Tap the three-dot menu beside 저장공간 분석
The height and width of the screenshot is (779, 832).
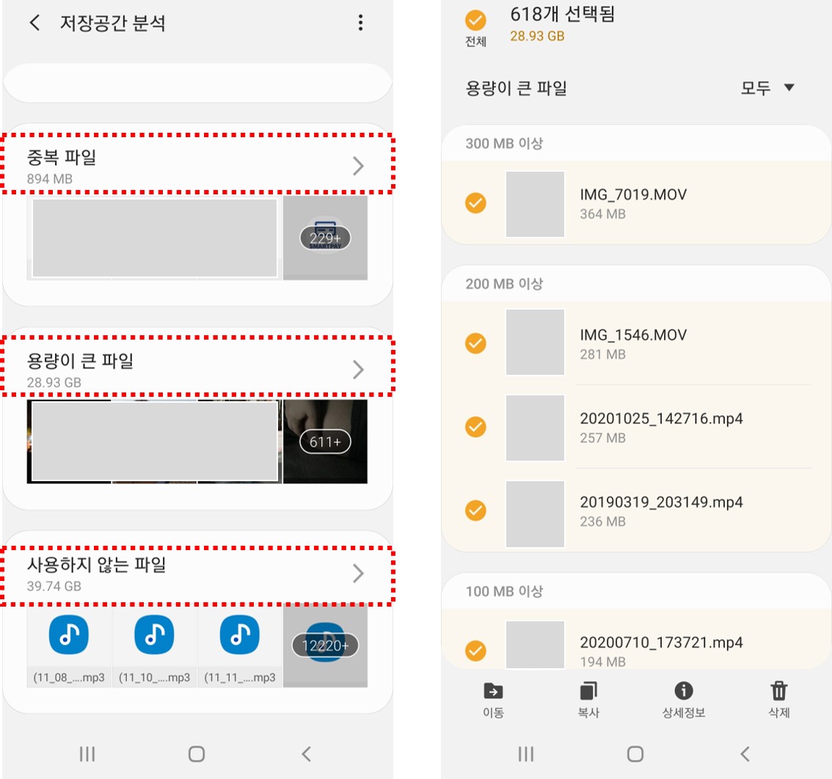[361, 22]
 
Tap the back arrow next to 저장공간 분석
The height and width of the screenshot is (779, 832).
[35, 22]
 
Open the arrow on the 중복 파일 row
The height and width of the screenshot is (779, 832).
[359, 166]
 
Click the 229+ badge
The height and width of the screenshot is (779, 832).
[325, 238]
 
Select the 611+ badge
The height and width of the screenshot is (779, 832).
[325, 442]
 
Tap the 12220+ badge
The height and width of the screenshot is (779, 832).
[325, 645]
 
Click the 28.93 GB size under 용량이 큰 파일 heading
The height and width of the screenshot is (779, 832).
[54, 383]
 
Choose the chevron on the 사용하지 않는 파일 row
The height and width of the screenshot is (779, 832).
[359, 573]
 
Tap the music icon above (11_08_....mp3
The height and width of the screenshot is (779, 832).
[69, 634]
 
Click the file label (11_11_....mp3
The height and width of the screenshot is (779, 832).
[240, 678]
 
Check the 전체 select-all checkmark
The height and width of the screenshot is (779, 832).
[475, 20]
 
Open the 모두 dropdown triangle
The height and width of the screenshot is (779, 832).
[789, 87]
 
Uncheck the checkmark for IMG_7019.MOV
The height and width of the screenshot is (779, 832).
[475, 202]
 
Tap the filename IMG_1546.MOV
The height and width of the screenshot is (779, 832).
[633, 334]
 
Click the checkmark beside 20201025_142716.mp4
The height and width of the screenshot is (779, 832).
[475, 427]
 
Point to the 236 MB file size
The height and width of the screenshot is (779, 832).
[603, 522]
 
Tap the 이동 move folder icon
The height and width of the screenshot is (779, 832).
[493, 691]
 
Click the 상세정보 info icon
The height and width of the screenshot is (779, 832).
[684, 691]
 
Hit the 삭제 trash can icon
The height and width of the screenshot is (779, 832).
[779, 691]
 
